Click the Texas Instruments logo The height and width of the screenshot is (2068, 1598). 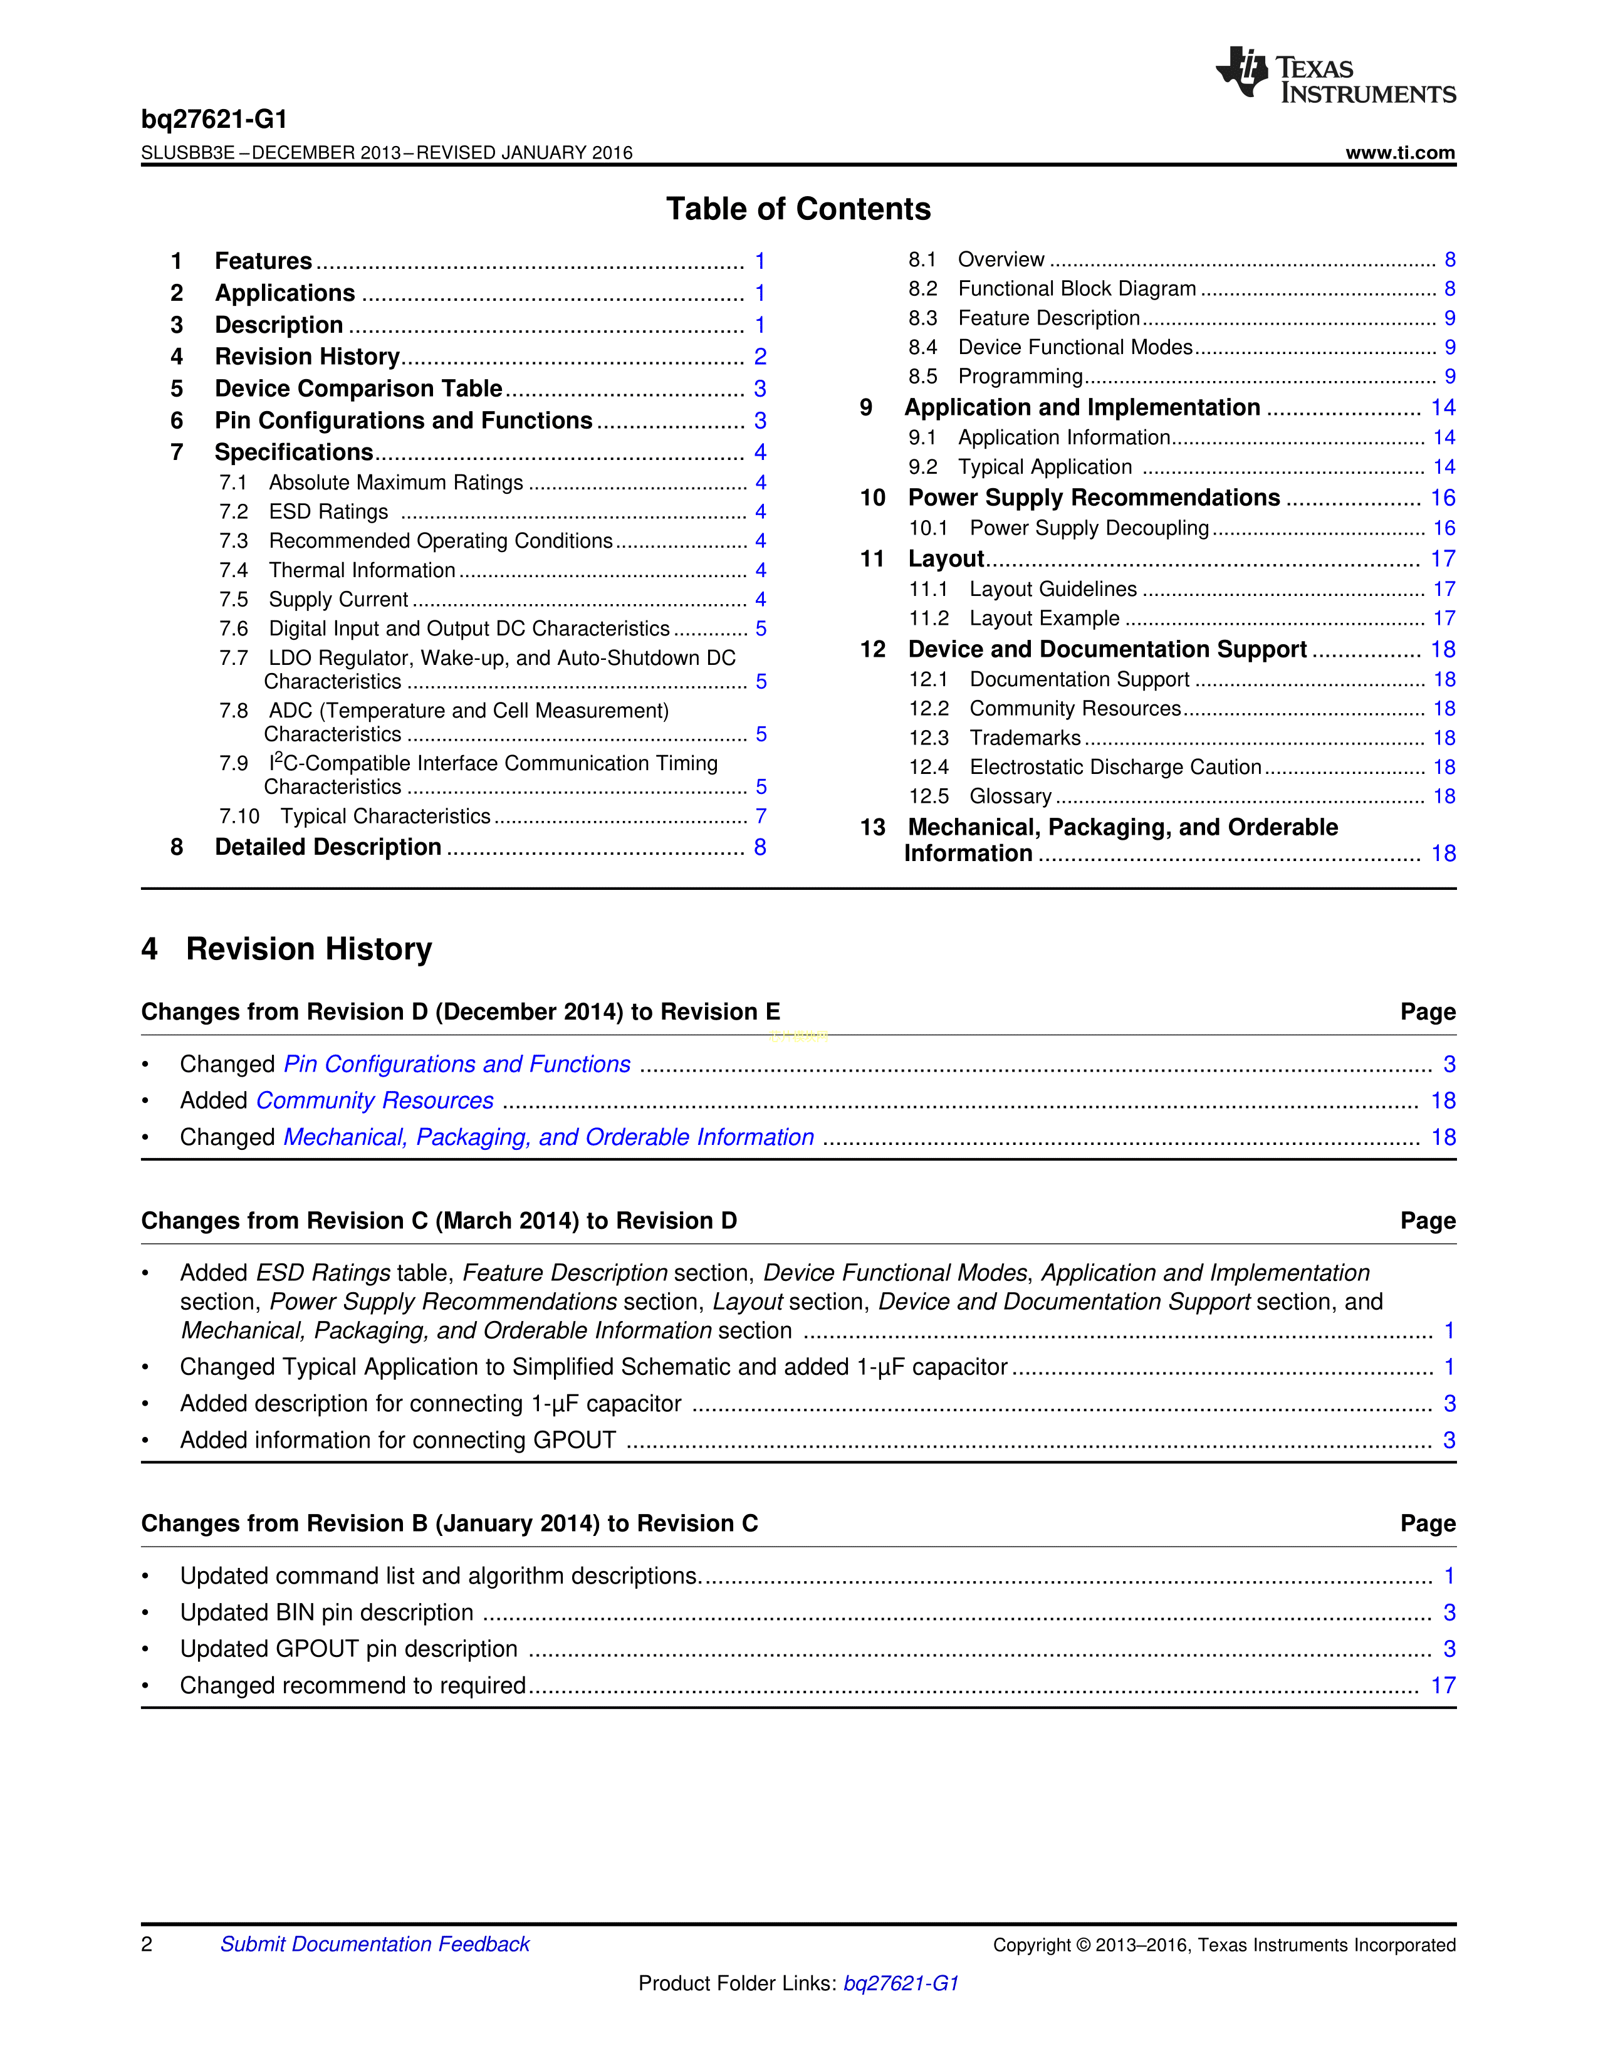(x=1335, y=75)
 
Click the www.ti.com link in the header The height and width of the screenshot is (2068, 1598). (x=1399, y=152)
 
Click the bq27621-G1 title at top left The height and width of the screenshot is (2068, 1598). (x=214, y=119)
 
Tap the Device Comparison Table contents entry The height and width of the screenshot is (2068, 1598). (x=358, y=389)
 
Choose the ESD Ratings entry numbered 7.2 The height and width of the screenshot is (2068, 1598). (x=328, y=511)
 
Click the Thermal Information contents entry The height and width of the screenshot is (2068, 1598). (x=362, y=570)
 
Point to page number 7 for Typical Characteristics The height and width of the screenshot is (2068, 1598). (x=760, y=816)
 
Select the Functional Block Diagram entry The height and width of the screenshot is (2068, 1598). (x=1077, y=289)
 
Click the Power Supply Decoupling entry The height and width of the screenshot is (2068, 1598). (x=1089, y=528)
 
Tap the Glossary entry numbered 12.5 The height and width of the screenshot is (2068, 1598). (x=1010, y=796)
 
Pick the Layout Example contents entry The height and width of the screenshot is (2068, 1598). (x=1044, y=619)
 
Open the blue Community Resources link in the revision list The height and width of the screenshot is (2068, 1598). (x=375, y=1100)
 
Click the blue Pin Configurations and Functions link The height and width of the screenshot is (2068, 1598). (x=457, y=1064)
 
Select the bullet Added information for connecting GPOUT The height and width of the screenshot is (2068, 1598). (x=397, y=1440)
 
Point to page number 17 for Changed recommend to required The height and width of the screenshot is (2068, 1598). (x=1442, y=1686)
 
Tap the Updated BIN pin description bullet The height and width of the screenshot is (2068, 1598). (x=326, y=1612)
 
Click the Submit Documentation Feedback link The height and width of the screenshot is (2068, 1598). (x=375, y=1944)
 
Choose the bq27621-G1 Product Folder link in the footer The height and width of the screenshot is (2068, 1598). (x=901, y=1983)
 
